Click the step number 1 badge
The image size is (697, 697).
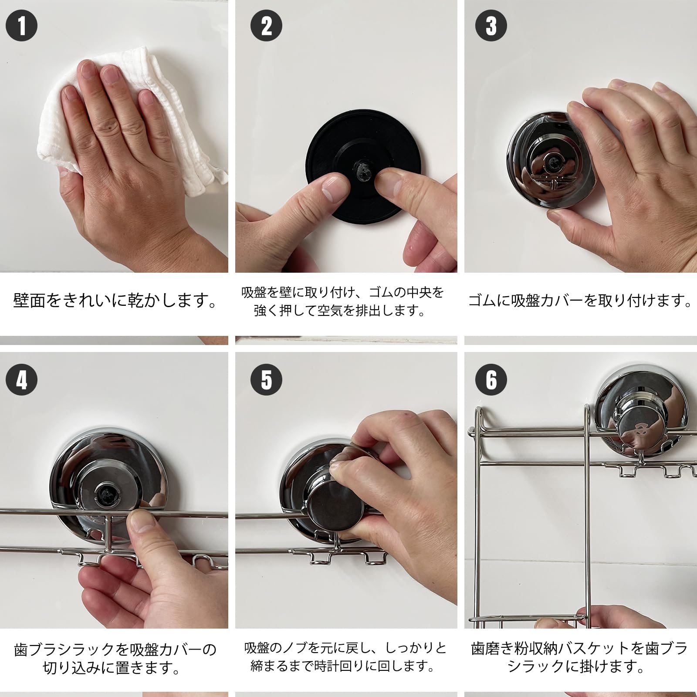[21, 25]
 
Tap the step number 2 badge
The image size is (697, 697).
[266, 25]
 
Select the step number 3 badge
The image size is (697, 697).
[491, 25]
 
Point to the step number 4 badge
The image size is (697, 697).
[21, 379]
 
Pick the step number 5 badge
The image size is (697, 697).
[266, 379]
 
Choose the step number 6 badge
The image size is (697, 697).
[491, 379]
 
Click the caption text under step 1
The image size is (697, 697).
[115, 301]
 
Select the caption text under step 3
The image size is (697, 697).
[580, 301]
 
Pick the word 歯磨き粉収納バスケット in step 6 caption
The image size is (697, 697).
[551, 649]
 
